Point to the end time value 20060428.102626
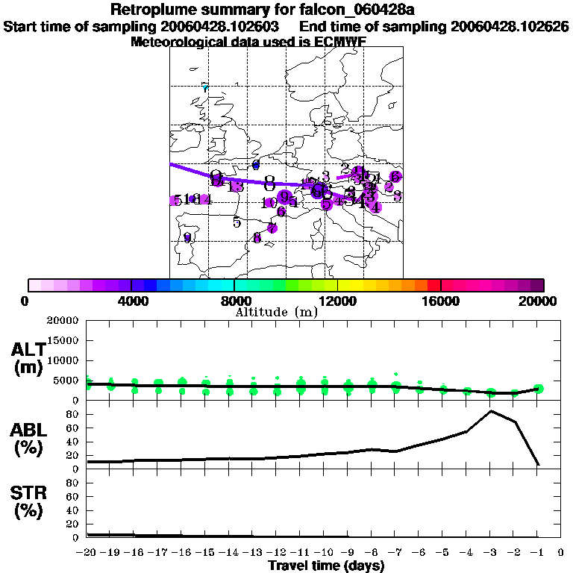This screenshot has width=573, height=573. (x=510, y=26)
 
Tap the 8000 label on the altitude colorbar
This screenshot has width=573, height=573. (x=234, y=301)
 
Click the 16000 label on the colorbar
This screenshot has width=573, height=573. (x=440, y=301)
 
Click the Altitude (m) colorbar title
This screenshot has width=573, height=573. (x=276, y=311)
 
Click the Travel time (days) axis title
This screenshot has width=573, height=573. (x=326, y=566)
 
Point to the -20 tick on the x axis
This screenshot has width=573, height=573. (x=87, y=552)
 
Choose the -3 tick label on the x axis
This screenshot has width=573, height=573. (x=490, y=552)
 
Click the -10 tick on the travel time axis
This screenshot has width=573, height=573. (x=324, y=552)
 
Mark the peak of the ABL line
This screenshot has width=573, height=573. (x=491, y=411)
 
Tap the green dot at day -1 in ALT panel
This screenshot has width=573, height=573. (x=539, y=388)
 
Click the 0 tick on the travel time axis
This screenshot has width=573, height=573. (x=560, y=552)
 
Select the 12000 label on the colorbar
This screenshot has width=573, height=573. (x=337, y=301)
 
